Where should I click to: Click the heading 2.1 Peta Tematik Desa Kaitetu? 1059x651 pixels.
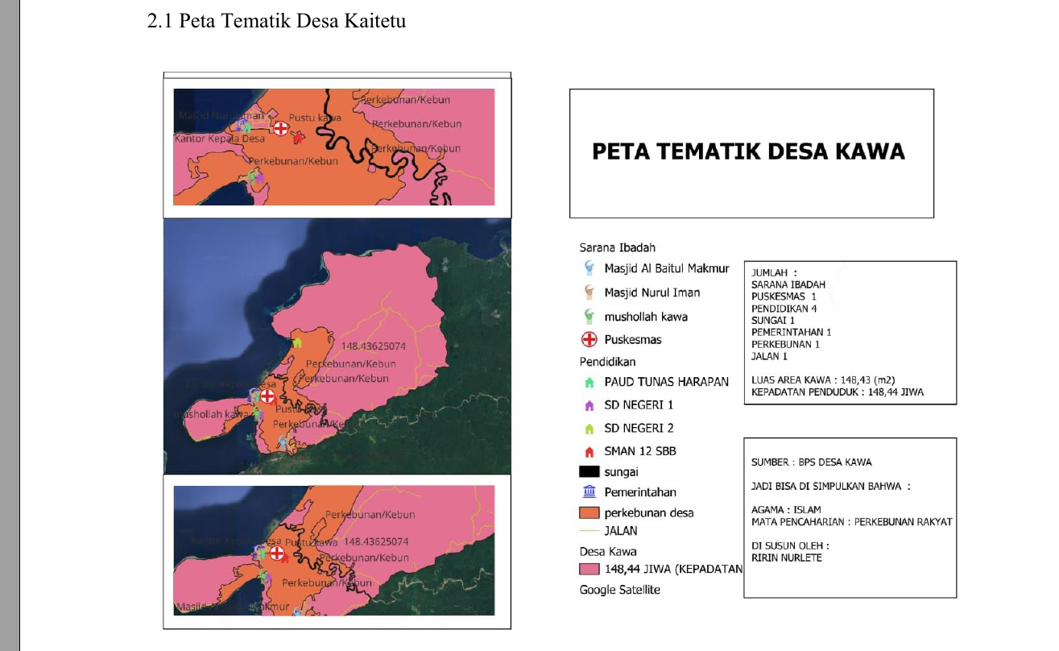click(276, 21)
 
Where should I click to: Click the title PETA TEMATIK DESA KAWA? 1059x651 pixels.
click(748, 151)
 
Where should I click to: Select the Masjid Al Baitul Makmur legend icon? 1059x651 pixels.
click(589, 268)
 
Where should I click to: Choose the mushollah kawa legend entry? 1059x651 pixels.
click(645, 317)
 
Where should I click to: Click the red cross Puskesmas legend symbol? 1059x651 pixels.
click(589, 340)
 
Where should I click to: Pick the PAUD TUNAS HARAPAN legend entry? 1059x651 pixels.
click(666, 382)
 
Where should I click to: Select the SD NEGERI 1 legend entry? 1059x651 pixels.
click(638, 405)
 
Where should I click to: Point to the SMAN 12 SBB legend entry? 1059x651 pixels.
click(639, 451)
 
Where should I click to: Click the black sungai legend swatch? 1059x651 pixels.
click(589, 472)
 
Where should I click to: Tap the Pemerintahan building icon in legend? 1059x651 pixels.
click(589, 492)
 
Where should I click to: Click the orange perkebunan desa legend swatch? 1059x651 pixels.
click(589, 512)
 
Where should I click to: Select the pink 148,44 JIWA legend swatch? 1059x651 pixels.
click(589, 570)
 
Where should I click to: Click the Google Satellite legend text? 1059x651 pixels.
click(619, 590)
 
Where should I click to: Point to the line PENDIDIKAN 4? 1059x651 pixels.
click(784, 309)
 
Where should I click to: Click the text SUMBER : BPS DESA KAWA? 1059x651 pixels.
click(811, 462)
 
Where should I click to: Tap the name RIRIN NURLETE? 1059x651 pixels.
click(786, 558)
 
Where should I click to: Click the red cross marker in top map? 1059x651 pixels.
click(280, 128)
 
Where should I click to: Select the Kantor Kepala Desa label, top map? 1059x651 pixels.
click(219, 139)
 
